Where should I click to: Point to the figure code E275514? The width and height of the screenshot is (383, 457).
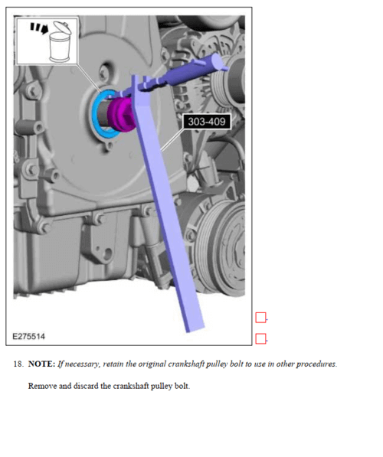pos(29,336)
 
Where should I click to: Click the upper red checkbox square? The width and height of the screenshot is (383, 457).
pos(260,318)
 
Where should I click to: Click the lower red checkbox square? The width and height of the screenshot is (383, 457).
pos(260,338)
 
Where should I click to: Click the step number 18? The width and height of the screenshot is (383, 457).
pos(18,364)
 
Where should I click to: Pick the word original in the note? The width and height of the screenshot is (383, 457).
pos(140,364)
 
